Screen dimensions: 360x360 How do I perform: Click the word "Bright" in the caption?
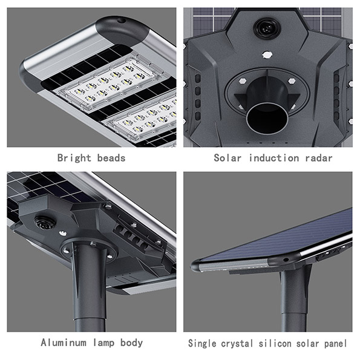(74, 158)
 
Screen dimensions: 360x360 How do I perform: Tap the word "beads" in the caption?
(111, 158)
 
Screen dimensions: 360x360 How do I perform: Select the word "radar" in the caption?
(319, 158)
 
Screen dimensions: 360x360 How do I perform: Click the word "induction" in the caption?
(274, 158)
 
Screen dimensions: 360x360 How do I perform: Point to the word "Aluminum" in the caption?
(64, 342)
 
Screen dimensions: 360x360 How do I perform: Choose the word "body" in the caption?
(131, 343)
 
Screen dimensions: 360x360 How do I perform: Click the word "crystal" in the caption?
(237, 344)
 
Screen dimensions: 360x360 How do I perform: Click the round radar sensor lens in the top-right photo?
(267, 28)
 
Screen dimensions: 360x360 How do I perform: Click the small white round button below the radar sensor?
(267, 54)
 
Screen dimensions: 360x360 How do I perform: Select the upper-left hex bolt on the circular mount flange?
(243, 81)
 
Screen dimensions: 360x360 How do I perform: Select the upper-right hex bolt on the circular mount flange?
(292, 81)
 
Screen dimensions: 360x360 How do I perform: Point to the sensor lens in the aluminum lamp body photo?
(45, 223)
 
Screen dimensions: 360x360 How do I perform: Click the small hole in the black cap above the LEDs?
(122, 21)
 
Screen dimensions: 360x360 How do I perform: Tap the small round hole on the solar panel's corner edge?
(286, 260)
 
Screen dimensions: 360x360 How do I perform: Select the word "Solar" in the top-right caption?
(227, 158)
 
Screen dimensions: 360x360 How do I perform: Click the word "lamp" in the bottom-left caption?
(103, 343)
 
